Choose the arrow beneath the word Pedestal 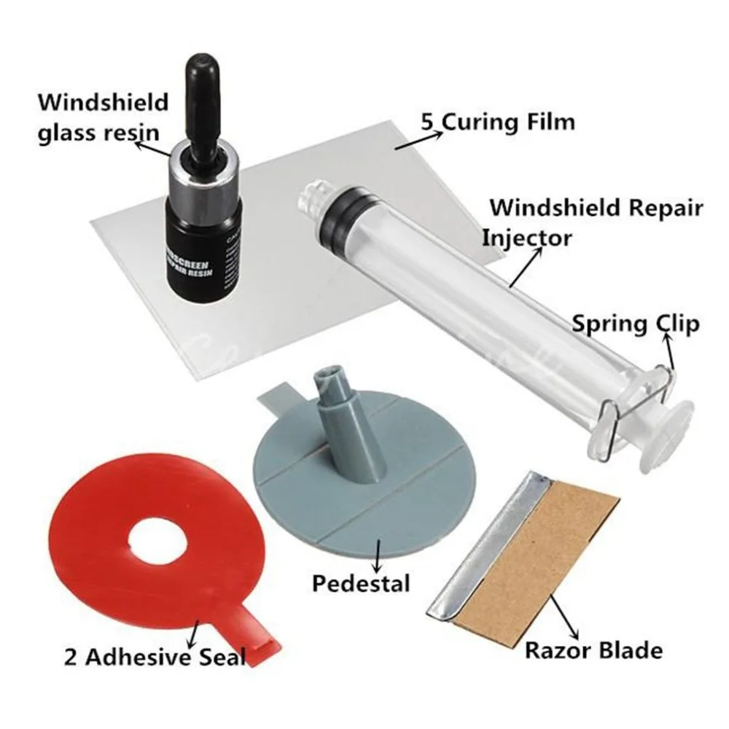(378, 554)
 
